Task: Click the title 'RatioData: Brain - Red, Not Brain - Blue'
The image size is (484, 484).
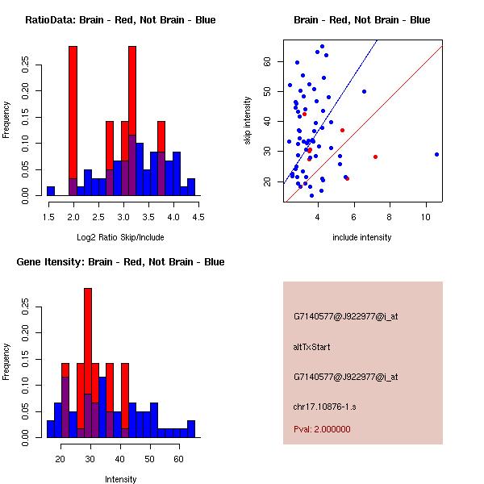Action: (120, 20)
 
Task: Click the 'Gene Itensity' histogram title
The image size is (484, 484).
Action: (120, 262)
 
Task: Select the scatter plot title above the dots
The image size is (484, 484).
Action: (362, 20)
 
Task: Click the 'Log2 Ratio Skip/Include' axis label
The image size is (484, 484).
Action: (120, 237)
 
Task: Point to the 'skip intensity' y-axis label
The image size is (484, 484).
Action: (248, 121)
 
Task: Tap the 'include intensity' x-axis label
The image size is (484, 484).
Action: (362, 237)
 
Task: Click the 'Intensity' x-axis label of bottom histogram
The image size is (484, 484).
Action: (120, 479)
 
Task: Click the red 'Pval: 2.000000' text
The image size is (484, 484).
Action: (322, 429)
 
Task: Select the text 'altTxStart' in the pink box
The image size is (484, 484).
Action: (311, 347)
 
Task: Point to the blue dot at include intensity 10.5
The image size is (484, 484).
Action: (436, 154)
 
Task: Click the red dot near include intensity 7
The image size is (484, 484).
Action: (375, 156)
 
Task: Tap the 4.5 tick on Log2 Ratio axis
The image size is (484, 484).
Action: (199, 216)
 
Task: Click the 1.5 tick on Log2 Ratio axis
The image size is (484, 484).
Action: (50, 216)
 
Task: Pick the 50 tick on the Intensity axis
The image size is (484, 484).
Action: (149, 458)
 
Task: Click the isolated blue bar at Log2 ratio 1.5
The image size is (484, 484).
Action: (50, 191)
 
